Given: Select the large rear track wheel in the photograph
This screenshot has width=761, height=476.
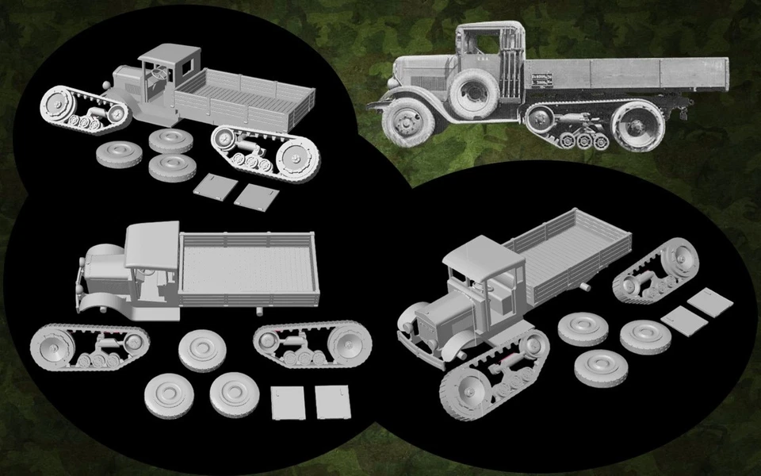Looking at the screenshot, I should (637, 125).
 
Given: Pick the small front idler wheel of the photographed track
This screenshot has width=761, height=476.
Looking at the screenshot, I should (541, 119).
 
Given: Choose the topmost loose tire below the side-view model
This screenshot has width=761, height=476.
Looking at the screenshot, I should (200, 350).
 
